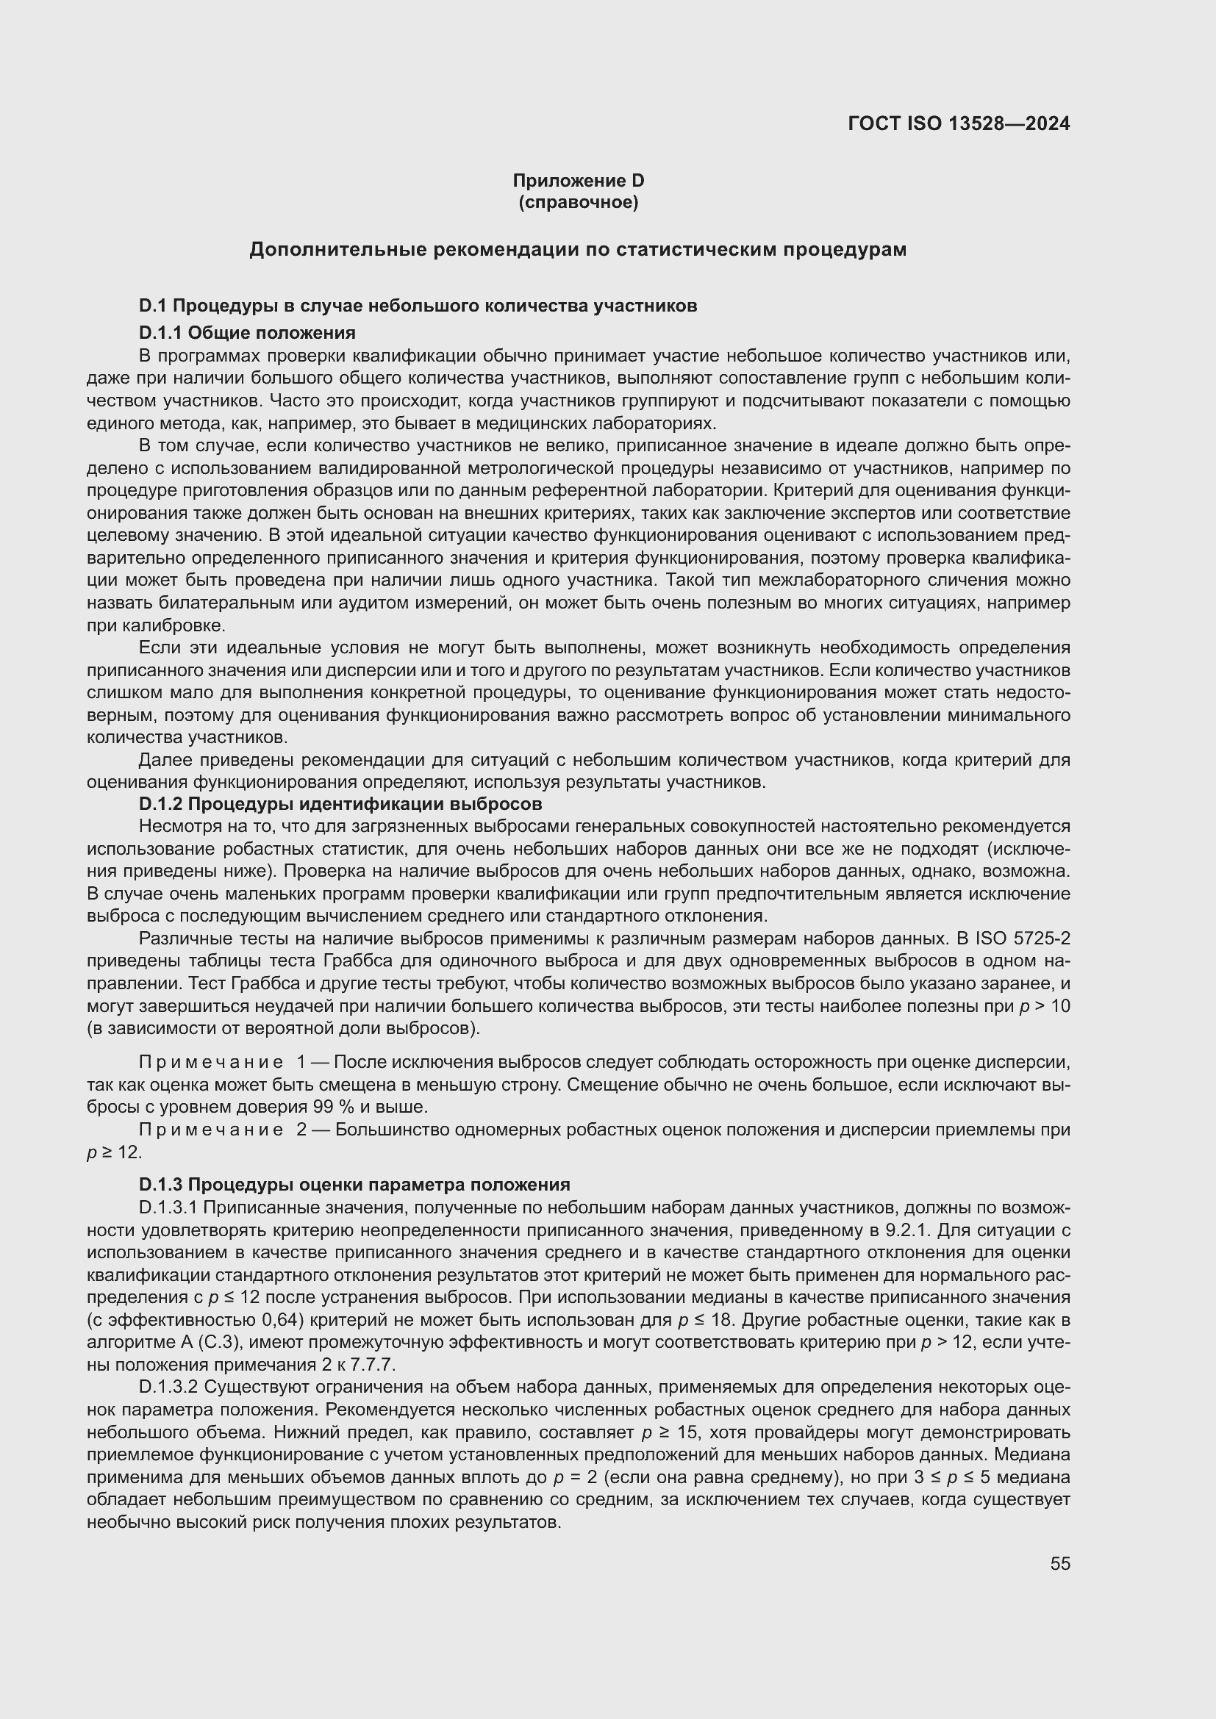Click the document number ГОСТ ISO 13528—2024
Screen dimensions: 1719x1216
(959, 123)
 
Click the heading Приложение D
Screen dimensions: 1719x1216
(578, 181)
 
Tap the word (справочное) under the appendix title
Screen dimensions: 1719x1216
(578, 202)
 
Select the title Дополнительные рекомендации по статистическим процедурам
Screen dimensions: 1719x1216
(577, 249)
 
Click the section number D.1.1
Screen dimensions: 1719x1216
(160, 331)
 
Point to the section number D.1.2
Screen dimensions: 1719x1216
(160, 803)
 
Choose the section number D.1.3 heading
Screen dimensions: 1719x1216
(160, 1184)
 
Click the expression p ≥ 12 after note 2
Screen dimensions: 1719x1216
(114, 1152)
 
